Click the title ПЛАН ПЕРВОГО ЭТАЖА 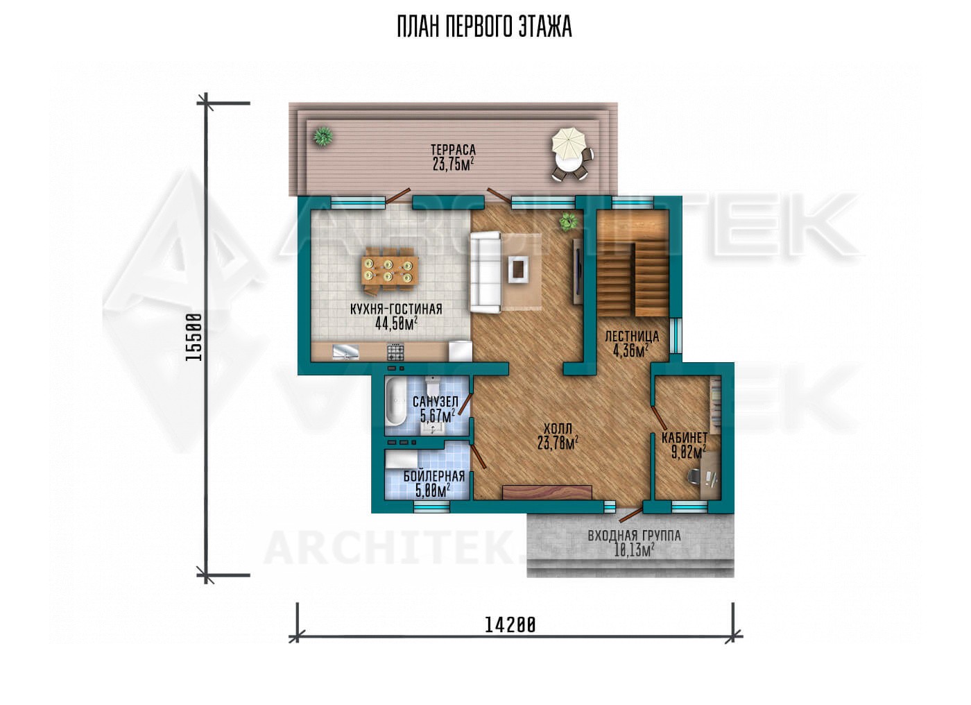(485, 27)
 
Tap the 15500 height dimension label (194, 337)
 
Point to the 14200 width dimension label (510, 625)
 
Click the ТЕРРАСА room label (453, 150)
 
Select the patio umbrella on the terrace (568, 141)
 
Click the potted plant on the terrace (323, 137)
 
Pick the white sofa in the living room (486, 273)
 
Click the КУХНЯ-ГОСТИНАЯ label (396, 309)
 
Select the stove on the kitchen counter (395, 352)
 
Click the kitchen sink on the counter (345, 352)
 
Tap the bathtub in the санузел (395, 402)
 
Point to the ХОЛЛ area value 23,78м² (558, 443)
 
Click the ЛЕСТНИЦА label (632, 337)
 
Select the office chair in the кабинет (694, 475)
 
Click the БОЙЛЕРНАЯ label (434, 477)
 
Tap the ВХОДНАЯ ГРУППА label (634, 536)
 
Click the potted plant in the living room (568, 221)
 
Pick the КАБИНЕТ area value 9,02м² (688, 453)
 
